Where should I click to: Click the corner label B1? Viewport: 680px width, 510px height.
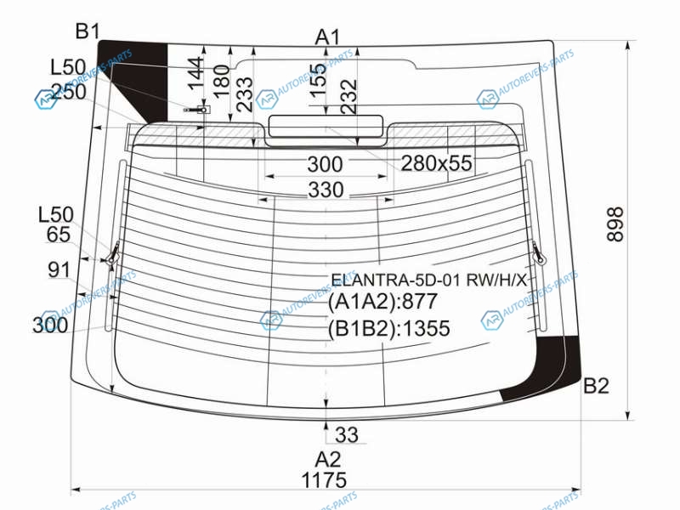[88, 31]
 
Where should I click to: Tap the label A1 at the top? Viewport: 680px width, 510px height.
[327, 37]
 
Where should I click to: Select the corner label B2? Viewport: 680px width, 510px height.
[596, 386]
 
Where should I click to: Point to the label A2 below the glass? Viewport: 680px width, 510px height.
[328, 459]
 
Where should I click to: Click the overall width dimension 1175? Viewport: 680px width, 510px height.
[324, 480]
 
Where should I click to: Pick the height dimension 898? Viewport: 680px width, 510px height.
[615, 224]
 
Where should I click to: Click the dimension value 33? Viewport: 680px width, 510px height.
[347, 435]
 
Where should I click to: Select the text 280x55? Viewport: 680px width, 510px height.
[436, 163]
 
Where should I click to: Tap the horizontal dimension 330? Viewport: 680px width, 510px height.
[326, 190]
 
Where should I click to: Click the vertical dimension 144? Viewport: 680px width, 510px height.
[196, 73]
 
